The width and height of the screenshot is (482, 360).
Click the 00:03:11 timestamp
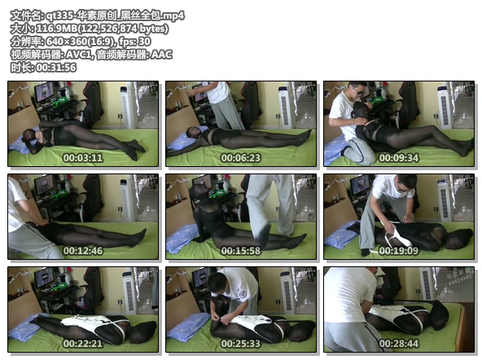tap(83, 158)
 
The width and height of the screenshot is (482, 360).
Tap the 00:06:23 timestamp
tap(241, 158)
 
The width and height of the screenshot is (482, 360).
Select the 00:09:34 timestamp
tap(399, 158)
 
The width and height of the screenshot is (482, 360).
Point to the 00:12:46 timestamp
tap(83, 251)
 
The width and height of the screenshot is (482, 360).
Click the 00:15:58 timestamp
tap(241, 251)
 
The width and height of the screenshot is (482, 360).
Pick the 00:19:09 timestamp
tap(399, 251)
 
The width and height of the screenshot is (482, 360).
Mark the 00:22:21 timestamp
tap(83, 344)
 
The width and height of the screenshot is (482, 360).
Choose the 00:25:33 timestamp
tap(241, 344)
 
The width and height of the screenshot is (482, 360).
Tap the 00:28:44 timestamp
tap(399, 344)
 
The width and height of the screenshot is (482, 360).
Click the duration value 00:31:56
tap(56, 68)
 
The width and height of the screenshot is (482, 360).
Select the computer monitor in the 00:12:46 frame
tap(44, 185)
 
